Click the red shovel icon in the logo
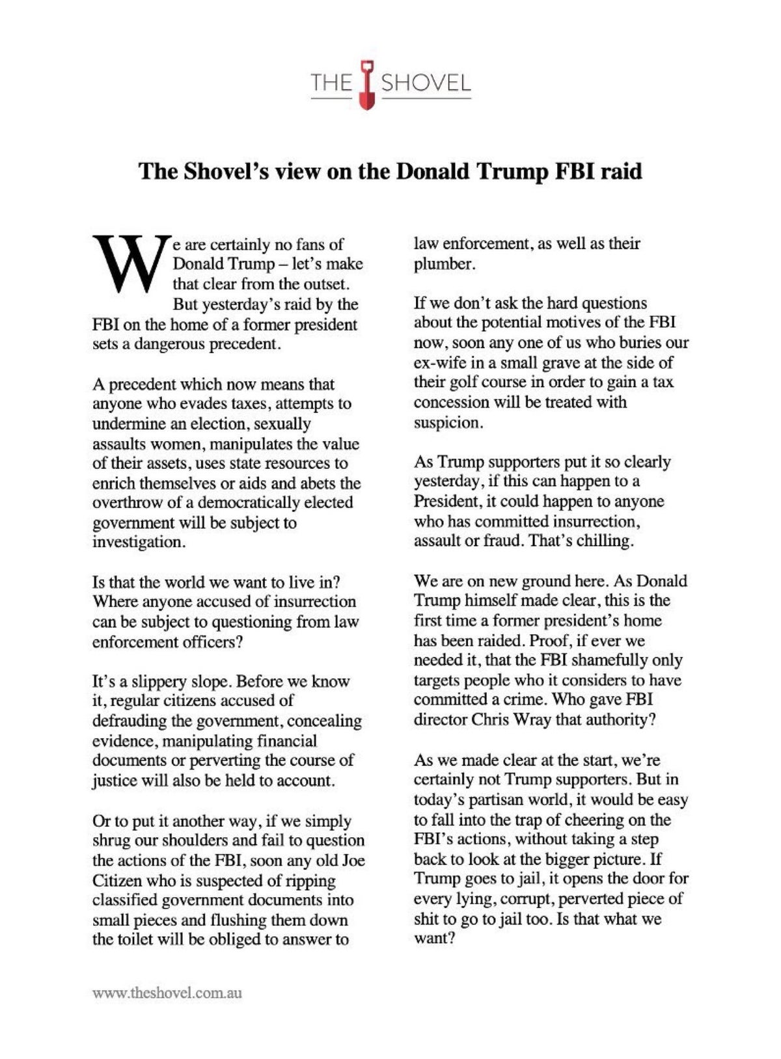click(368, 84)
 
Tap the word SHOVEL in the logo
click(426, 83)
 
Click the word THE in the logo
click(331, 83)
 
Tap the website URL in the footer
click(167, 993)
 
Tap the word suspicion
click(448, 423)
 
